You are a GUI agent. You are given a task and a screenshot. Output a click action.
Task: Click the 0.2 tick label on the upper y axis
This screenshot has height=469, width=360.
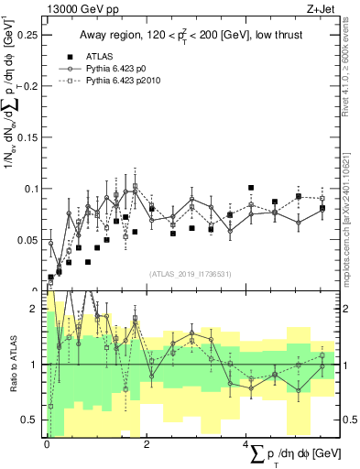[30, 86]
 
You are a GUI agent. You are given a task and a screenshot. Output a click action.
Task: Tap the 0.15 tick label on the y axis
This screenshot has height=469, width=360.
[27, 137]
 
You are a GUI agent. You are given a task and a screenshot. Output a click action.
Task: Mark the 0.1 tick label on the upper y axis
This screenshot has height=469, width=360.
[30, 189]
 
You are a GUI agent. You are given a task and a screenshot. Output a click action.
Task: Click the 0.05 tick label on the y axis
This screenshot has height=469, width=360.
[27, 240]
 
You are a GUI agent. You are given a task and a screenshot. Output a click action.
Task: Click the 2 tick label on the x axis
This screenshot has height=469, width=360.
[148, 443]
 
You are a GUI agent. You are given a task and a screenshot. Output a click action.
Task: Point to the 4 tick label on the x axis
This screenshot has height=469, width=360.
[248, 443]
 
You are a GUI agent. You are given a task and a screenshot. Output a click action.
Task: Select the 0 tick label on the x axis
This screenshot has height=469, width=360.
[48, 443]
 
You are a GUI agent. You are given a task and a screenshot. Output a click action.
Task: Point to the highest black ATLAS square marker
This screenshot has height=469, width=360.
[250, 188]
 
